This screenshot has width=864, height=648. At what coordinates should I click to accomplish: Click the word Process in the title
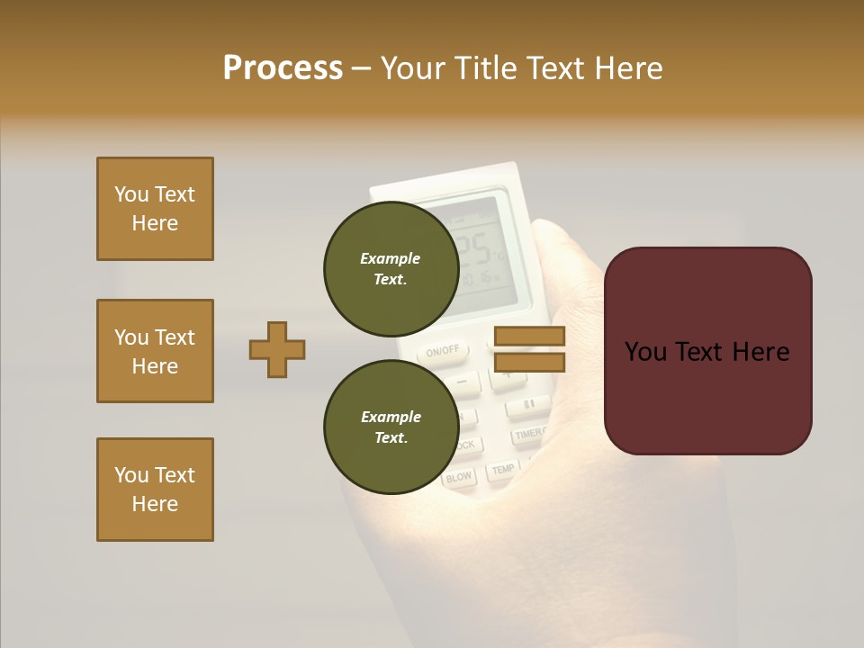(x=283, y=68)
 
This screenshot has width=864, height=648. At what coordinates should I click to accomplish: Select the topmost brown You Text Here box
(x=155, y=209)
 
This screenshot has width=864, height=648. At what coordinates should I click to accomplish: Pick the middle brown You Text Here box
(x=155, y=351)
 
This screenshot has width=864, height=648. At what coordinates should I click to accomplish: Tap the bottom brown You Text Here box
(x=155, y=490)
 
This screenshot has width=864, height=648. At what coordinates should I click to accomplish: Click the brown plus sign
(x=277, y=349)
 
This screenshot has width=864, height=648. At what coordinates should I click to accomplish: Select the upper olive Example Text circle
(x=391, y=268)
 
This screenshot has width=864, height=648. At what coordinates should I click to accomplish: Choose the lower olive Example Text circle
(x=391, y=427)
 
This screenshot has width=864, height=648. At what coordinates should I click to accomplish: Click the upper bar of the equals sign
(x=529, y=336)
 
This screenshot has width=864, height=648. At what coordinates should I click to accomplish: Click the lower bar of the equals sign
(x=529, y=362)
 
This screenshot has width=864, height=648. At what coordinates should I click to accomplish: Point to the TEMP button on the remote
(x=502, y=469)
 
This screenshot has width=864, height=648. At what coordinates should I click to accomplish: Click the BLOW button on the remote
(x=459, y=478)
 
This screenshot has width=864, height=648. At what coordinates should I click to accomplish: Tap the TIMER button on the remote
(x=529, y=435)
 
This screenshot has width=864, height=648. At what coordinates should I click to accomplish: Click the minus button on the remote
(x=463, y=382)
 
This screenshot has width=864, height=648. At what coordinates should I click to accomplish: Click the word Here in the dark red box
(x=760, y=351)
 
